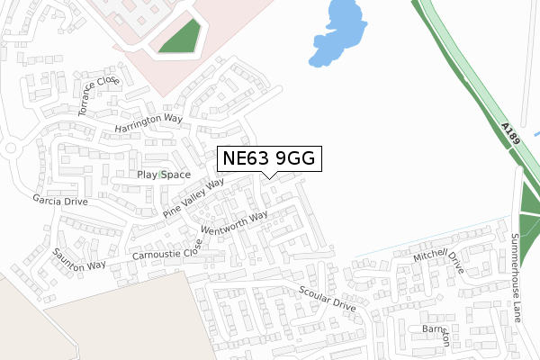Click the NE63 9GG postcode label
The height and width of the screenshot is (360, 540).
(x=267, y=158)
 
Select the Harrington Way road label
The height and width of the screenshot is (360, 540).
(x=148, y=123)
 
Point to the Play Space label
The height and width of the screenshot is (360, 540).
(x=164, y=174)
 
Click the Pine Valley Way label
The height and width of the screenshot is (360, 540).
(x=193, y=197)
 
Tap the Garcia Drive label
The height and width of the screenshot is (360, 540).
(x=60, y=201)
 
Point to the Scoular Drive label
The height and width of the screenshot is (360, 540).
(x=328, y=299)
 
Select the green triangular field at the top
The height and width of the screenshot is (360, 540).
(x=181, y=36)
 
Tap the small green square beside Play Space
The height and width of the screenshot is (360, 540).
(x=161, y=175)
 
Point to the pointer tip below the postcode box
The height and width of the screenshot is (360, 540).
(x=267, y=177)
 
